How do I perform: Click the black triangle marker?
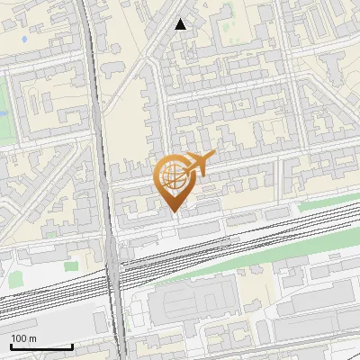tap(181, 25)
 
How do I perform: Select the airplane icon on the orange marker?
tap(197, 165)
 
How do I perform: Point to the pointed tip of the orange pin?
tap(174, 212)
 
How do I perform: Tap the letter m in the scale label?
tap(33, 338)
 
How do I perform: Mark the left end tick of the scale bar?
tap(11, 346)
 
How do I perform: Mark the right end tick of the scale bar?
tap(73, 346)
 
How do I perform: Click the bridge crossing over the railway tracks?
tap(114, 270)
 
